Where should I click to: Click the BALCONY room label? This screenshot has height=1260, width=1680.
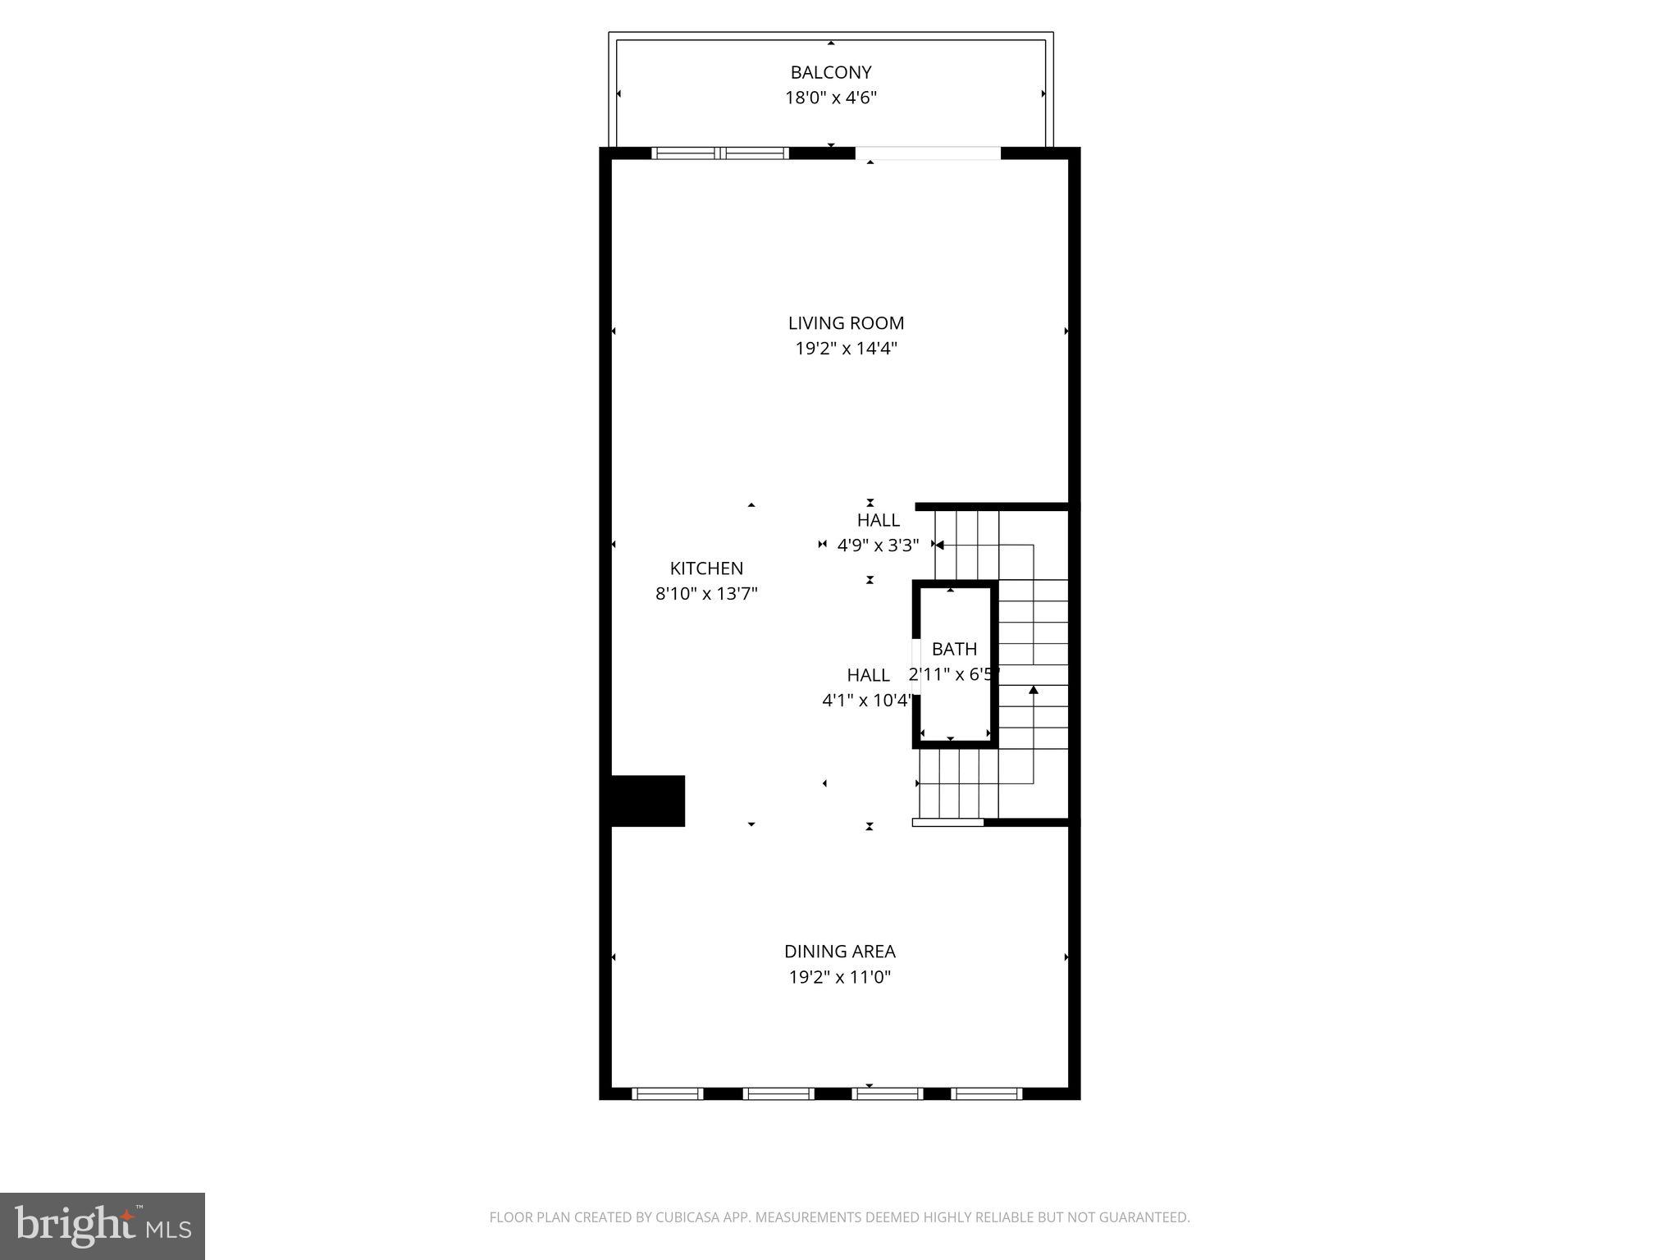tap(830, 72)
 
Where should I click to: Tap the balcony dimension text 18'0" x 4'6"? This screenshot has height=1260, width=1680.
tap(830, 98)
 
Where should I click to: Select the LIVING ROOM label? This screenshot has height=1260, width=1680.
tap(846, 323)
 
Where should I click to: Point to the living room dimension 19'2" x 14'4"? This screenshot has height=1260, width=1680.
tap(846, 349)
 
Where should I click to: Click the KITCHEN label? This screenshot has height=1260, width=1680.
tap(706, 568)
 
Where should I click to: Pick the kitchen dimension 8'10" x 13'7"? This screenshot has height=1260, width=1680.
tap(705, 594)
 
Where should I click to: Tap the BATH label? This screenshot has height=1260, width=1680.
tap(954, 649)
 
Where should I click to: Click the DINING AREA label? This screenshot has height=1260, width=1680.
tap(839, 952)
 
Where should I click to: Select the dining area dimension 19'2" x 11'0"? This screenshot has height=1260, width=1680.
tap(839, 977)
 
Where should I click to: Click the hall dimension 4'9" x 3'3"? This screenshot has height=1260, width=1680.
tap(878, 545)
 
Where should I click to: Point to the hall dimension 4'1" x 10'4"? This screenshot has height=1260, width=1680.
tap(867, 701)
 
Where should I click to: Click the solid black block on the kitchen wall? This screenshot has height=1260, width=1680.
tap(647, 801)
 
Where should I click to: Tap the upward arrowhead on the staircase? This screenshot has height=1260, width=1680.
tap(1034, 690)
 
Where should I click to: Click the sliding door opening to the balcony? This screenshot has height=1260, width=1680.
tap(928, 153)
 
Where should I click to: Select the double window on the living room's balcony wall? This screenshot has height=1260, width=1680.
tap(720, 153)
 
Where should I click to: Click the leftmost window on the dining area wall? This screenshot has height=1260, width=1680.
tap(667, 1093)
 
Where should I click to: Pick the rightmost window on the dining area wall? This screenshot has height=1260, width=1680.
tap(986, 1093)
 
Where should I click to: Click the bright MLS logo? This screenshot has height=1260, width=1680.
tap(103, 1226)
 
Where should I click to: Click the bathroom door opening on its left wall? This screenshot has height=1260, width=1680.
tap(916, 666)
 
